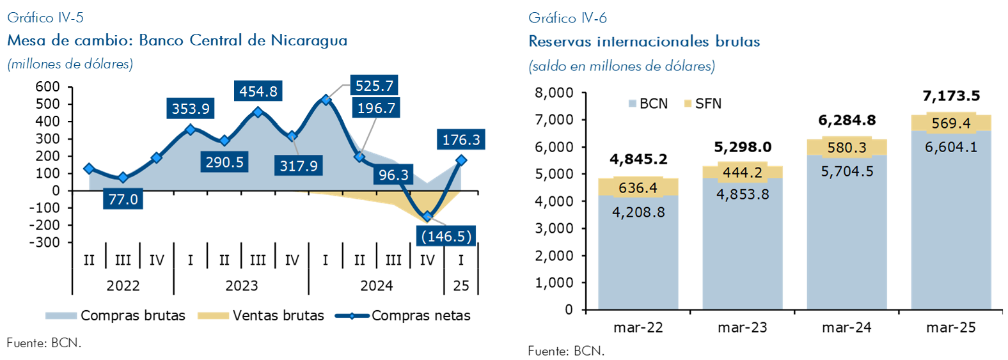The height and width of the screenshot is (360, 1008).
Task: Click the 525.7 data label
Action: point(374,86)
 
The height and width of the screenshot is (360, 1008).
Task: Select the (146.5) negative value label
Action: point(446,237)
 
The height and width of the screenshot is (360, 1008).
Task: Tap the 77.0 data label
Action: point(123,200)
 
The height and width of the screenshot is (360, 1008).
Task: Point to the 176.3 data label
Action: point(461,140)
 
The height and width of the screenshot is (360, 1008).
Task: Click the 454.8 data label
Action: point(258,91)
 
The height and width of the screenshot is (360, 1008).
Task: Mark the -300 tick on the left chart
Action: point(45,242)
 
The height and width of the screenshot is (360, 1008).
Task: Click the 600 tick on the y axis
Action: point(48,87)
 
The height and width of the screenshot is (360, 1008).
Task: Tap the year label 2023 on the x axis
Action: point(241,286)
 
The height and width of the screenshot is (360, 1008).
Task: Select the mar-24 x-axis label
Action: point(846,328)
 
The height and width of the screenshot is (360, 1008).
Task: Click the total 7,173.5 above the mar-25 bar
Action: point(950,96)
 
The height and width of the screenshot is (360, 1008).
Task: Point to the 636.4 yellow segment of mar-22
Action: point(638,188)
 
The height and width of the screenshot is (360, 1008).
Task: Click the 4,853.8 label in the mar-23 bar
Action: point(742,194)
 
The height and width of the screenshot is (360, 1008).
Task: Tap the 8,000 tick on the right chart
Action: point(554,93)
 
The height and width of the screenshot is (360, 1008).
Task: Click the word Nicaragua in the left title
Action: point(309,40)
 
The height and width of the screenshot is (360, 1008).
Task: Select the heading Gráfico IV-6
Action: point(567,18)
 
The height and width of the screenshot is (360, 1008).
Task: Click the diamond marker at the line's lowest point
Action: point(427,217)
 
